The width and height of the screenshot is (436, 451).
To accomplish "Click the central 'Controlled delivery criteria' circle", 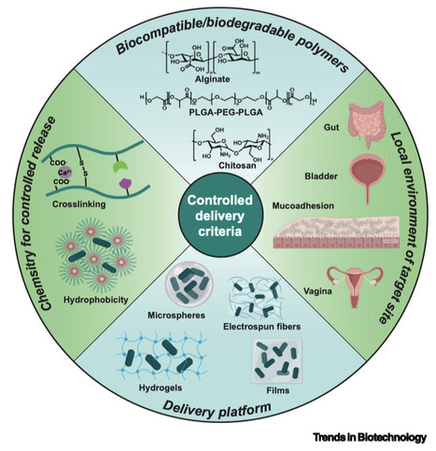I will pyautogui.click(x=217, y=218).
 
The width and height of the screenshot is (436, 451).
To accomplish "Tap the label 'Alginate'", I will pyautogui.click(x=217, y=81).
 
